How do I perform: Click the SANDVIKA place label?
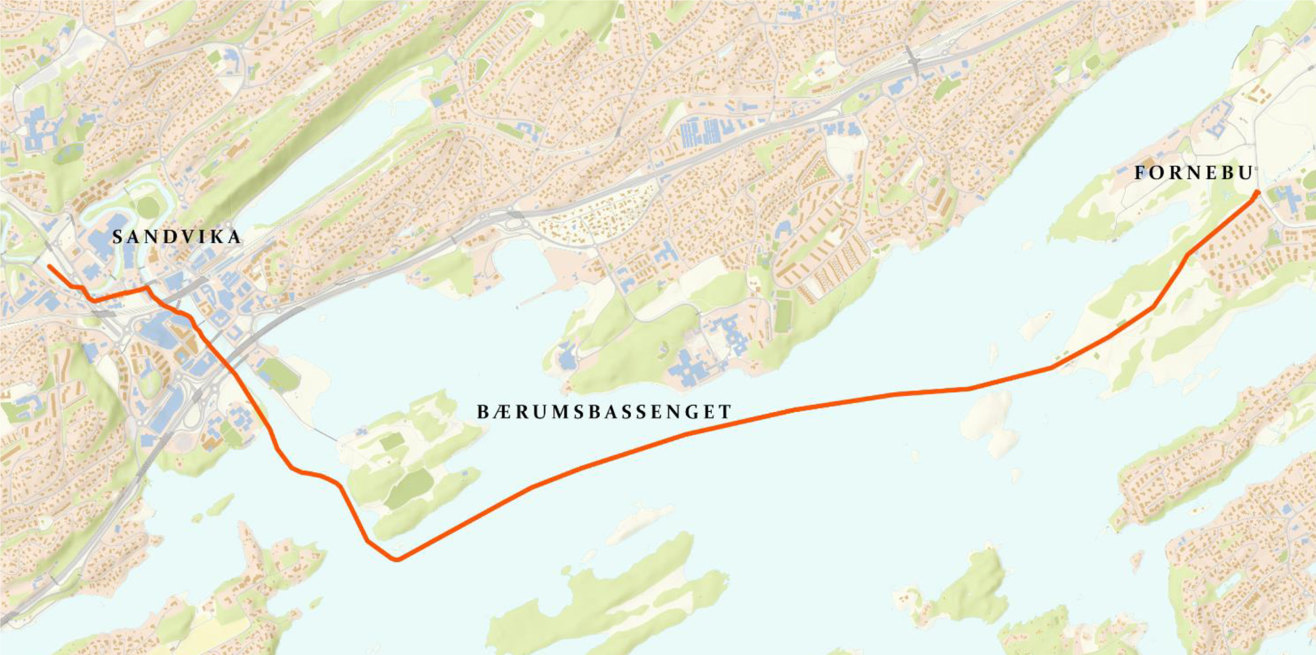point(177,237)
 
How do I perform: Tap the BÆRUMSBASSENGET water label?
point(604,412)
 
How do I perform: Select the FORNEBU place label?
point(1193,173)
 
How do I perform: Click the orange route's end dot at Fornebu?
point(1257,193)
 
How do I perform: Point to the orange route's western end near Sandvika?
point(49,267)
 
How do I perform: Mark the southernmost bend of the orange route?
point(396,559)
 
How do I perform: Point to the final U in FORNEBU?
point(1245,173)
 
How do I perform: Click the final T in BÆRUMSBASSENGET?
point(726,412)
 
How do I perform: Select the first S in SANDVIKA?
point(117,237)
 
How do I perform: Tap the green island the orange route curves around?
point(414,460)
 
